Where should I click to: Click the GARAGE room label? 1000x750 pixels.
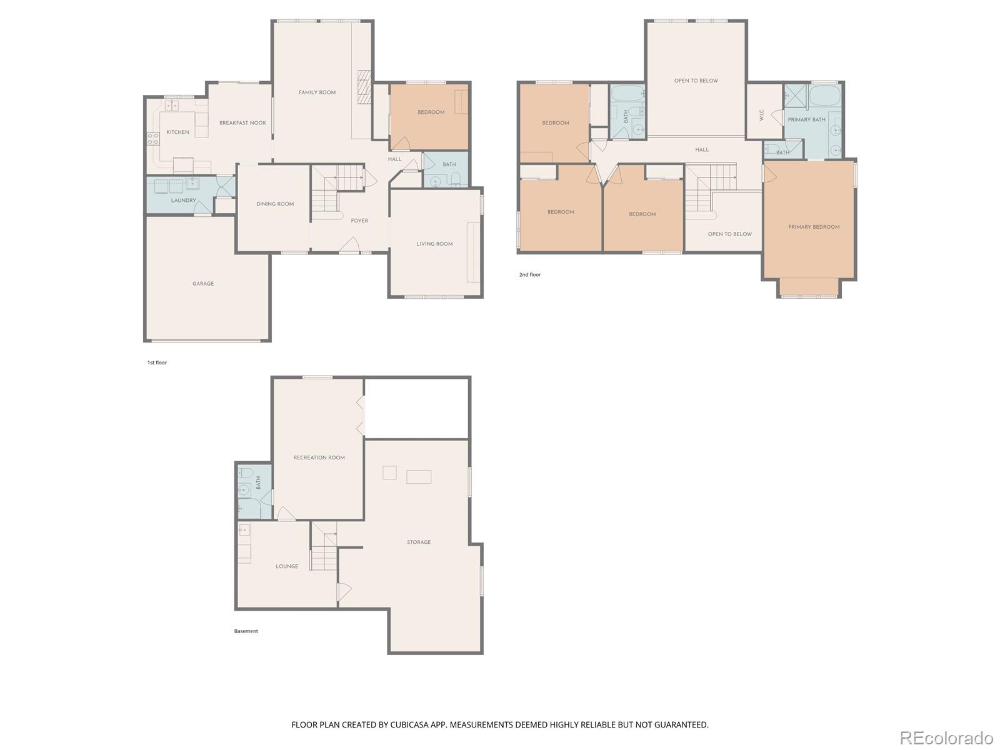pyautogui.click(x=203, y=284)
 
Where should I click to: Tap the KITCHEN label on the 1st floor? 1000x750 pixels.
pyautogui.click(x=177, y=132)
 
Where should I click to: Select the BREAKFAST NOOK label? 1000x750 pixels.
pyautogui.click(x=242, y=123)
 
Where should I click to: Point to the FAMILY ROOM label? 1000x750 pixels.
pyautogui.click(x=317, y=92)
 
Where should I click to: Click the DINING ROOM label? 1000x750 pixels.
pyautogui.click(x=275, y=204)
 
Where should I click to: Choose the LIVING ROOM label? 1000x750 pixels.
pyautogui.click(x=434, y=244)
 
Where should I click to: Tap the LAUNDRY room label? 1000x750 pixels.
pyautogui.click(x=183, y=201)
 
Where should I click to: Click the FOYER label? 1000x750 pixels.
pyautogui.click(x=359, y=221)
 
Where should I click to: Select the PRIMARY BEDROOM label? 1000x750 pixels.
pyautogui.click(x=814, y=227)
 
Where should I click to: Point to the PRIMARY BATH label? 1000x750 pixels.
pyautogui.click(x=806, y=119)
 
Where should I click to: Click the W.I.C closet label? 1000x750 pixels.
pyautogui.click(x=761, y=116)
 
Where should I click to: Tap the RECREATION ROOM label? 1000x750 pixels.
pyautogui.click(x=319, y=457)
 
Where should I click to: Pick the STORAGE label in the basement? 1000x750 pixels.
pyautogui.click(x=419, y=542)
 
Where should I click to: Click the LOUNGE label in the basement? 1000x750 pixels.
pyautogui.click(x=287, y=566)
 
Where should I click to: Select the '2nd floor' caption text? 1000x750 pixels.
pyautogui.click(x=529, y=274)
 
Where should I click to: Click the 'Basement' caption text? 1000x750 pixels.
pyautogui.click(x=246, y=631)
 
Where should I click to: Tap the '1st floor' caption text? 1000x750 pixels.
pyautogui.click(x=157, y=362)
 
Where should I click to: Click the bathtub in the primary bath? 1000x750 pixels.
pyautogui.click(x=824, y=96)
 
